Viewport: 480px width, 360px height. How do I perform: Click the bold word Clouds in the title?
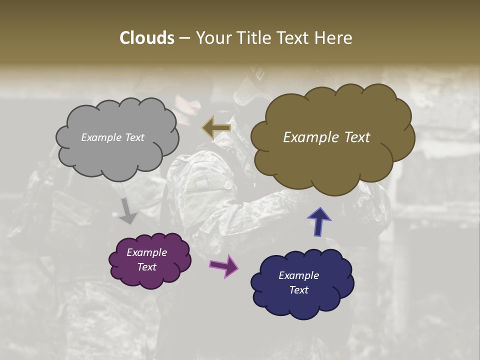[x=147, y=38]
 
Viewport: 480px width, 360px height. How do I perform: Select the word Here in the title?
[x=334, y=38]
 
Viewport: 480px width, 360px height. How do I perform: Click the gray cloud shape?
[x=117, y=155]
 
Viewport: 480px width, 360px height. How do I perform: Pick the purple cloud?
[x=150, y=277]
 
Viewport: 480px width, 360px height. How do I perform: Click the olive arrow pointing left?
[x=216, y=128]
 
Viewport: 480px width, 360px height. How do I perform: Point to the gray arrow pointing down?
[x=128, y=210]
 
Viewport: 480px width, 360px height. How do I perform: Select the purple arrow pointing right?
[x=224, y=265]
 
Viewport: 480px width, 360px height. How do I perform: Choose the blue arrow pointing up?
[x=318, y=221]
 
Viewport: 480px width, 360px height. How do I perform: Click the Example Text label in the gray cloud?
[x=112, y=137]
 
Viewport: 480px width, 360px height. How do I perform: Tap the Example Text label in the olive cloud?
[x=326, y=137]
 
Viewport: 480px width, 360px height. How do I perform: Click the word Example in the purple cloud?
[x=146, y=252]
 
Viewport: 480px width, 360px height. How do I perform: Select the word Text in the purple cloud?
[x=146, y=267]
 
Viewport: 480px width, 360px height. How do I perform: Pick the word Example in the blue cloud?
[x=298, y=275]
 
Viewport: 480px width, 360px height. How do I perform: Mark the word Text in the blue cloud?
[x=298, y=290]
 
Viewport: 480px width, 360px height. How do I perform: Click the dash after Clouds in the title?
[x=184, y=38]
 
